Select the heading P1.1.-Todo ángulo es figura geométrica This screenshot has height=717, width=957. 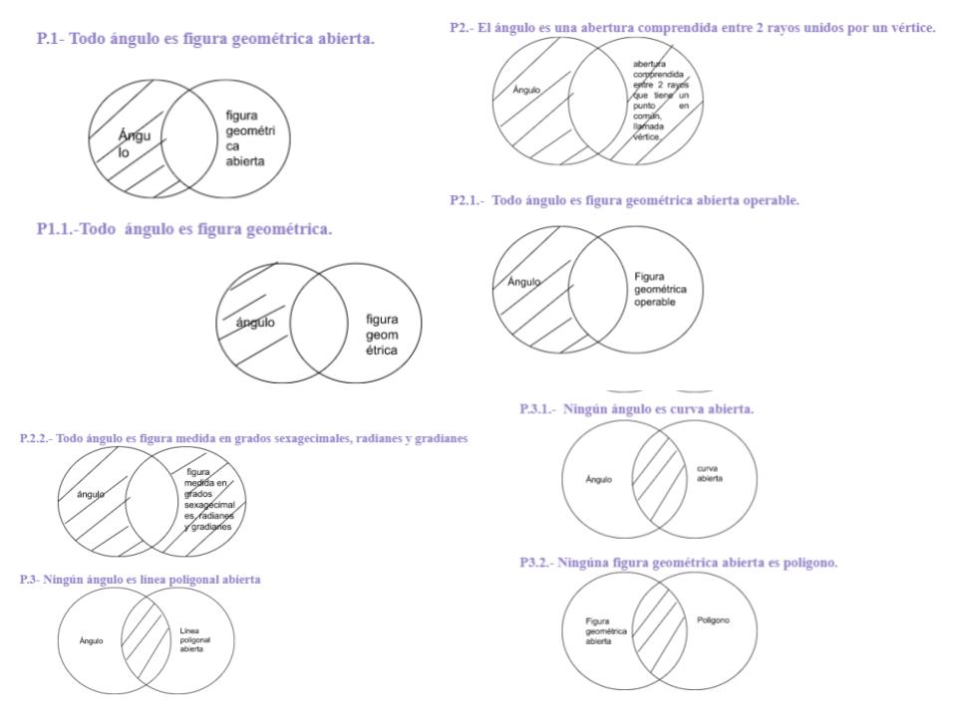pos(184,229)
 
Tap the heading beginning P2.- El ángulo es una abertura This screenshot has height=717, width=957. pos(693,28)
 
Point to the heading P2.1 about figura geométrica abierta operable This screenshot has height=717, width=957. pos(625,200)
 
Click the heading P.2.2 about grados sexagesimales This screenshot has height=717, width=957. pos(243,438)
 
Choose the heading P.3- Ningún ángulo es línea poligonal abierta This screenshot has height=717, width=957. pos(141,580)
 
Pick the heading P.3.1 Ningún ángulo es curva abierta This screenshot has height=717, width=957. pos(637,408)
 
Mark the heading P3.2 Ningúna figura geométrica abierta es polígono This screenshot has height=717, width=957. pos(679,563)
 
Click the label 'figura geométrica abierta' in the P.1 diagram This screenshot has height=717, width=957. pos(245,137)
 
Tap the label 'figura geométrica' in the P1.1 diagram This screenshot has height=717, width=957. pos(382,335)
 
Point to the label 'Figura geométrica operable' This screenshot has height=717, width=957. pos(654,289)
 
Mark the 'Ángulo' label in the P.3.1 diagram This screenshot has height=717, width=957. pos(599,480)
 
